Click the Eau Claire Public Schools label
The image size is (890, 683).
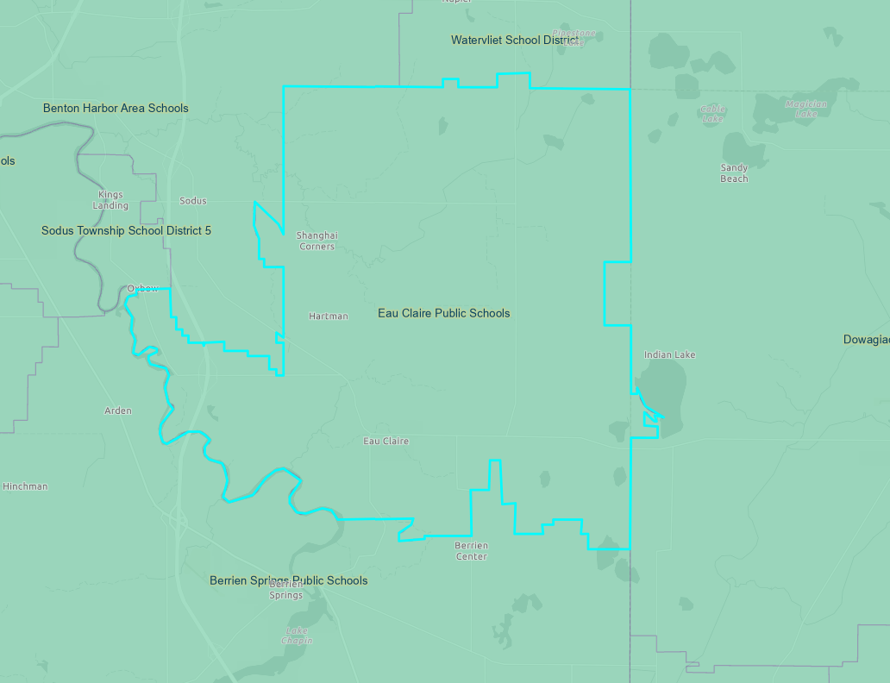(443, 313)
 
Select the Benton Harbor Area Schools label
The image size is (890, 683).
(116, 108)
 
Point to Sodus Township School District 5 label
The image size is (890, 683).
(126, 230)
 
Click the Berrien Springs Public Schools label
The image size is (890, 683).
(288, 580)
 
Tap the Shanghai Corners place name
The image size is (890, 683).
(317, 241)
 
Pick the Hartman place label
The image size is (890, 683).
(328, 316)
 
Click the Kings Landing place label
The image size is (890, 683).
(110, 200)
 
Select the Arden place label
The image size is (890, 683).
(118, 410)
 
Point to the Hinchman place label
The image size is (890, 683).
(25, 486)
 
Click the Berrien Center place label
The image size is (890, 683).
(471, 551)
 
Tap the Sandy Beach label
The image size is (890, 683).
(734, 172)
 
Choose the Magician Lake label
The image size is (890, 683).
(805, 109)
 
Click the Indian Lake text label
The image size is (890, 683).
(669, 354)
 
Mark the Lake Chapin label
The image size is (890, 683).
(297, 636)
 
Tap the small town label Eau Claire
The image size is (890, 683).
(385, 441)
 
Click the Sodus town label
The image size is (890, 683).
(192, 201)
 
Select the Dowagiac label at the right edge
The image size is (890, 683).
(866, 340)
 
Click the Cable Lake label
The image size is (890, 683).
(712, 113)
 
